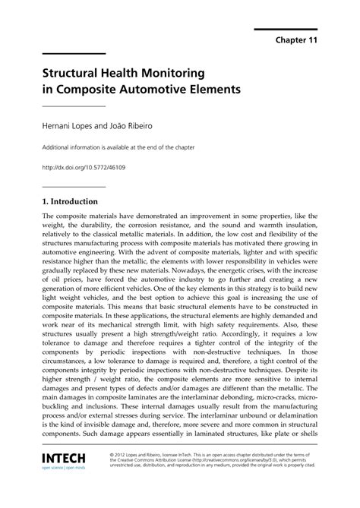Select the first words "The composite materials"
[x=76, y=214]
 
